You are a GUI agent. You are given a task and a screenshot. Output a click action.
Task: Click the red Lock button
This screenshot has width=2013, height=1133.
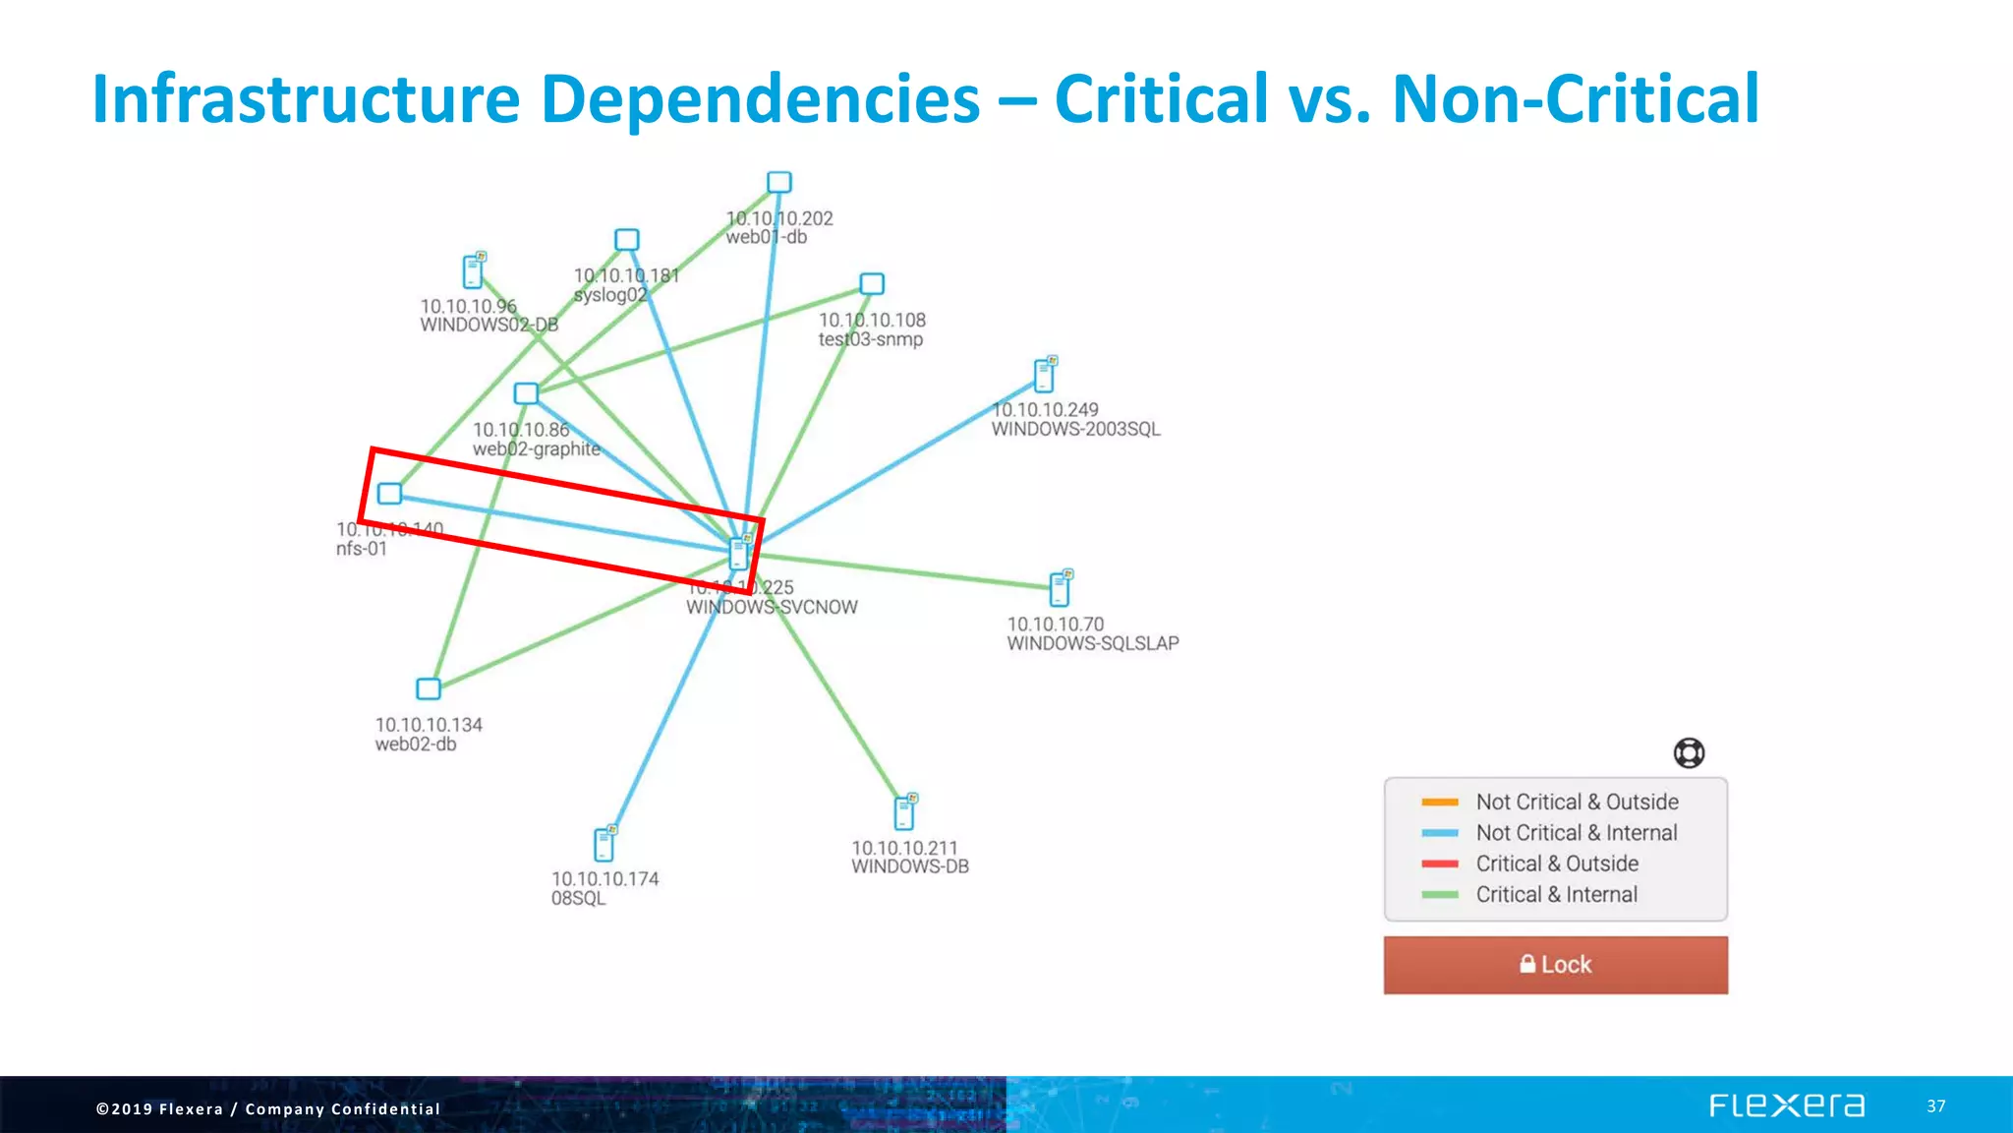(x=1555, y=965)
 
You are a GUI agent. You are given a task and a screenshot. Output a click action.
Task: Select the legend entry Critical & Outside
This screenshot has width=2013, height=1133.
(x=1556, y=864)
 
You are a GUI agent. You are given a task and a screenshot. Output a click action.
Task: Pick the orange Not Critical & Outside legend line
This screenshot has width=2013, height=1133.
(x=1439, y=803)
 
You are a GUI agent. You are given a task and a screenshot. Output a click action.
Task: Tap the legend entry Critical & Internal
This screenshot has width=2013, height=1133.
(x=1556, y=895)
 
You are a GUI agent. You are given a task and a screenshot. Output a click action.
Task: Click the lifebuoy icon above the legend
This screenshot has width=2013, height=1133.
(x=1689, y=753)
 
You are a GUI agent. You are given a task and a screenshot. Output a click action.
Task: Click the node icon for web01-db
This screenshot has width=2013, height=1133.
(x=779, y=183)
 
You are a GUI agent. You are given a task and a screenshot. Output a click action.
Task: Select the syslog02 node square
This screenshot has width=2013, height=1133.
(x=627, y=240)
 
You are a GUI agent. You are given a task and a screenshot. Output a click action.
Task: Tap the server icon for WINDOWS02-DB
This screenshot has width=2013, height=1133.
(x=474, y=271)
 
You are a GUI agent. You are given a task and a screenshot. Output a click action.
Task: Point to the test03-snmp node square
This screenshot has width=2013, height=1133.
(x=872, y=284)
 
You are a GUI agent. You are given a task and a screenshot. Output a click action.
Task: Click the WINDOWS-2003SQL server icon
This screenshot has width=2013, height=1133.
(x=1045, y=375)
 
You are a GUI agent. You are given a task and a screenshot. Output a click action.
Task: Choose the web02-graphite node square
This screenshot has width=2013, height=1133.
(x=527, y=393)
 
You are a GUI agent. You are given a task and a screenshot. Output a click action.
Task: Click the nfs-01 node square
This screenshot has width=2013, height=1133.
(x=390, y=493)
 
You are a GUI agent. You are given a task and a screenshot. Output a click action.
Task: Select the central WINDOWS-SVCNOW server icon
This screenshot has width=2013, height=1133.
(x=739, y=554)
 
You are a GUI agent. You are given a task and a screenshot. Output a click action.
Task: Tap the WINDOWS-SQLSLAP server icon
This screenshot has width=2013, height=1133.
(x=1060, y=588)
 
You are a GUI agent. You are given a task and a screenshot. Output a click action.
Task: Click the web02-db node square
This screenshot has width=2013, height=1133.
(x=429, y=688)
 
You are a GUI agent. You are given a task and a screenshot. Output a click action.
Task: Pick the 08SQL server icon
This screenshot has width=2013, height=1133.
(x=604, y=844)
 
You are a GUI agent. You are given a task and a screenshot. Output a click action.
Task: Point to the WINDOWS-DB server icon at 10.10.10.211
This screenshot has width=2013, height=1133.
(x=905, y=812)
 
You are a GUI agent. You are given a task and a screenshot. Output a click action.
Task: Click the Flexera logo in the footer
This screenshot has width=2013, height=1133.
(x=1786, y=1105)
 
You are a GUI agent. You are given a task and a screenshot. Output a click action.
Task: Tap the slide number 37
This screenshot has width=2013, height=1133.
(x=1935, y=1106)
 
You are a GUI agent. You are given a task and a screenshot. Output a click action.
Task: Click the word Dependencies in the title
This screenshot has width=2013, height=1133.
(x=760, y=99)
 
